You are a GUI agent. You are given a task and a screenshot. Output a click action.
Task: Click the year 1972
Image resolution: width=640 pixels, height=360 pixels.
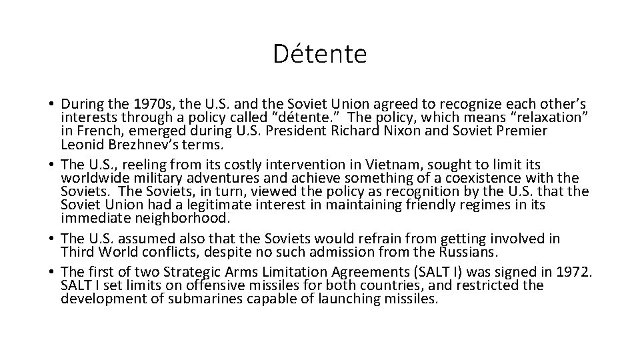575,271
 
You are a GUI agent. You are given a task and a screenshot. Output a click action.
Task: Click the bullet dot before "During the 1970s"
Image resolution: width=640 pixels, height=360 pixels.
51,105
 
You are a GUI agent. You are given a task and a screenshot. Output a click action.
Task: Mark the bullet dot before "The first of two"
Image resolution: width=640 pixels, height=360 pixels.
51,272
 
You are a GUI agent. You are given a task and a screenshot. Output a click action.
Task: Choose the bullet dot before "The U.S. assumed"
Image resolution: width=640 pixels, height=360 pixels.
51,239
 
